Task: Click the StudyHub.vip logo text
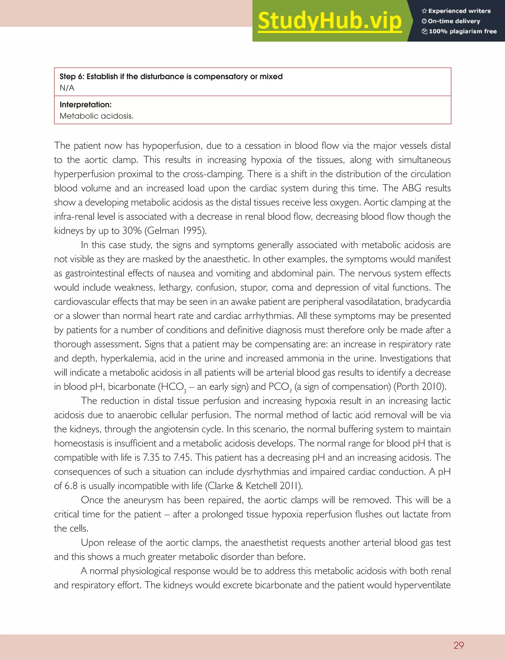[x=330, y=21]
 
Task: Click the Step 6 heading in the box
[x=171, y=77]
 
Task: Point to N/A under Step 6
[x=67, y=88]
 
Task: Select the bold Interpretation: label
[x=85, y=104]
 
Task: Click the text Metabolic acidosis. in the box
[x=96, y=116]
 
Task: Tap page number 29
[x=458, y=645]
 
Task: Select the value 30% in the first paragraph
[x=132, y=231]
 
